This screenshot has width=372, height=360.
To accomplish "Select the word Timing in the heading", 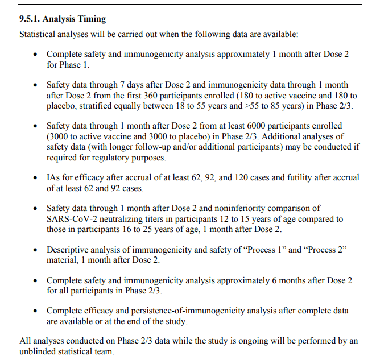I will tap(90, 19).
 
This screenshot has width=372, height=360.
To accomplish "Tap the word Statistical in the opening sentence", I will tap(39, 34).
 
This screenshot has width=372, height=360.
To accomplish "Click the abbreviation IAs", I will tap(54, 177).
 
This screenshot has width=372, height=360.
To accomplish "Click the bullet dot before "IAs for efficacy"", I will tap(35, 178).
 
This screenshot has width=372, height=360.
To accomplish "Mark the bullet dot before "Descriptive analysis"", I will tap(35, 250).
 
